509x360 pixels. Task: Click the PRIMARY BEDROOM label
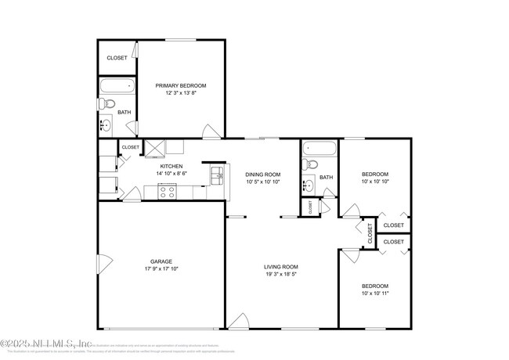(x=180, y=85)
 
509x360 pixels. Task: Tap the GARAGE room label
(x=161, y=261)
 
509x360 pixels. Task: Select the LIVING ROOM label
(x=280, y=267)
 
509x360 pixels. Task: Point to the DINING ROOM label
(x=262, y=175)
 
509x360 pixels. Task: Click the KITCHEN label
(x=171, y=167)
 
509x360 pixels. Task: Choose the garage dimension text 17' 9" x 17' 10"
(x=161, y=269)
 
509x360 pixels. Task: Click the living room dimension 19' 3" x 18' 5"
(x=280, y=275)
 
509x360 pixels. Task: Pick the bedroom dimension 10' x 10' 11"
(x=374, y=293)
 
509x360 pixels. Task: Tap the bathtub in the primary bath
(x=116, y=87)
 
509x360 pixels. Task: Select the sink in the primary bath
(x=106, y=124)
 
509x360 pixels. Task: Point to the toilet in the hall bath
(x=311, y=165)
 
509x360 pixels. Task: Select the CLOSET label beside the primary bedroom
(x=117, y=58)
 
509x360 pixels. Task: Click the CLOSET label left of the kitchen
(x=130, y=147)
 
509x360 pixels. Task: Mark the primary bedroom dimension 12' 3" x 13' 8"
(x=180, y=93)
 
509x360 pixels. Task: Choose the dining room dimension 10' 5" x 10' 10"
(x=262, y=182)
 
